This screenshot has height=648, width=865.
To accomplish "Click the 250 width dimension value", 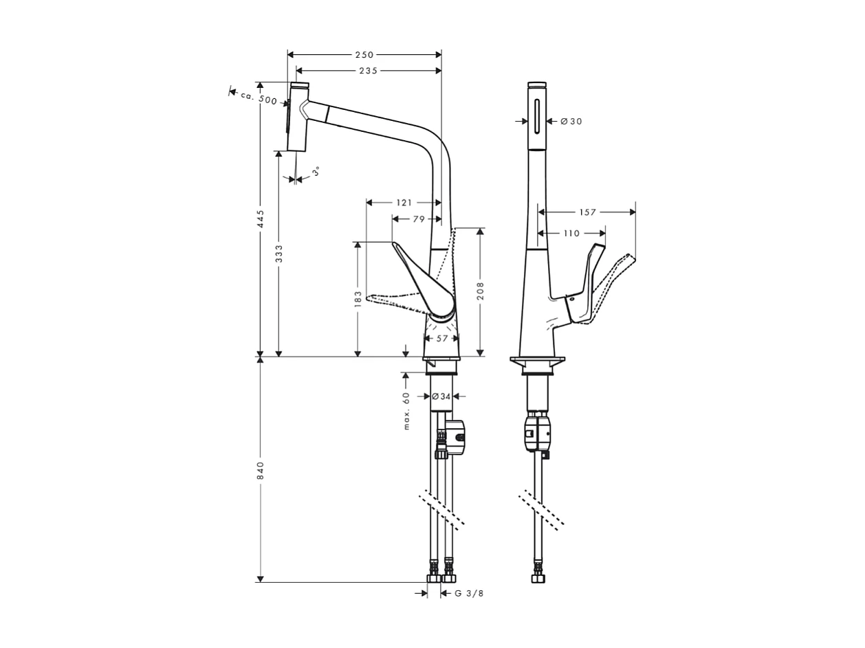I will click(364, 55).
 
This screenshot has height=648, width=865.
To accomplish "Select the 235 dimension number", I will click(368, 71).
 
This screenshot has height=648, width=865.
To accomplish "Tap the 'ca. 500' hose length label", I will click(259, 98).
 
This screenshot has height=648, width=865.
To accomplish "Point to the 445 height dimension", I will click(261, 219).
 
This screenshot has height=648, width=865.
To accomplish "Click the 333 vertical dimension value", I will click(278, 254).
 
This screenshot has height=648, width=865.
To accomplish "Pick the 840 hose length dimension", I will click(261, 470).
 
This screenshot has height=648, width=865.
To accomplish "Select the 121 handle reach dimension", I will click(404, 203).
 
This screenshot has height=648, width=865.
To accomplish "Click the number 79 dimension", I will click(419, 219).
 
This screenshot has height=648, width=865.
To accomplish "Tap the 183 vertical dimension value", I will click(358, 299).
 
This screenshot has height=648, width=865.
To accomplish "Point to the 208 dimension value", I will click(480, 290).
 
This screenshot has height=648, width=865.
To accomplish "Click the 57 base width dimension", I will click(442, 338).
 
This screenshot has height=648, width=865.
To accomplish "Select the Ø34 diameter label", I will click(441, 396).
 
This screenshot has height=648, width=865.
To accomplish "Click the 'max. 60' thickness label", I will click(406, 410).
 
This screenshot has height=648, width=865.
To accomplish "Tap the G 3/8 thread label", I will click(470, 594).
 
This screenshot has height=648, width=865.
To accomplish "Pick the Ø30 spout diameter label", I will click(571, 122).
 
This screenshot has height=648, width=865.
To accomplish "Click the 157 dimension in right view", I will click(587, 212).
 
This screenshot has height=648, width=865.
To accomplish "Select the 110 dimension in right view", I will click(571, 234).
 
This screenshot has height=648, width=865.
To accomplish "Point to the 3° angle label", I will click(316, 171).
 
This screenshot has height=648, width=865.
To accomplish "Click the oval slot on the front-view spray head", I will click(537, 115).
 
